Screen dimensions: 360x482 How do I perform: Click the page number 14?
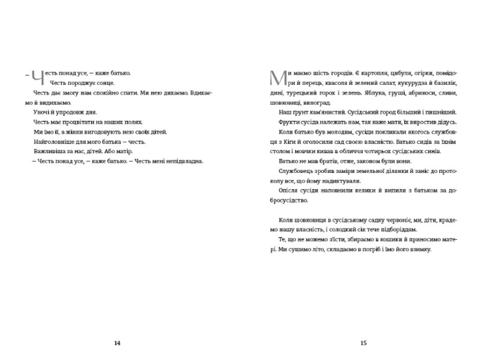point(117,343)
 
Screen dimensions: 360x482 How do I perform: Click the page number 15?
point(363,343)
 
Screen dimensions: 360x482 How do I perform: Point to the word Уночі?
point(42,112)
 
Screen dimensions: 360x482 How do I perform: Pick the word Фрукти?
point(290,122)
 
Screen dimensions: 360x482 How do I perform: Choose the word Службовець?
point(299,170)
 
